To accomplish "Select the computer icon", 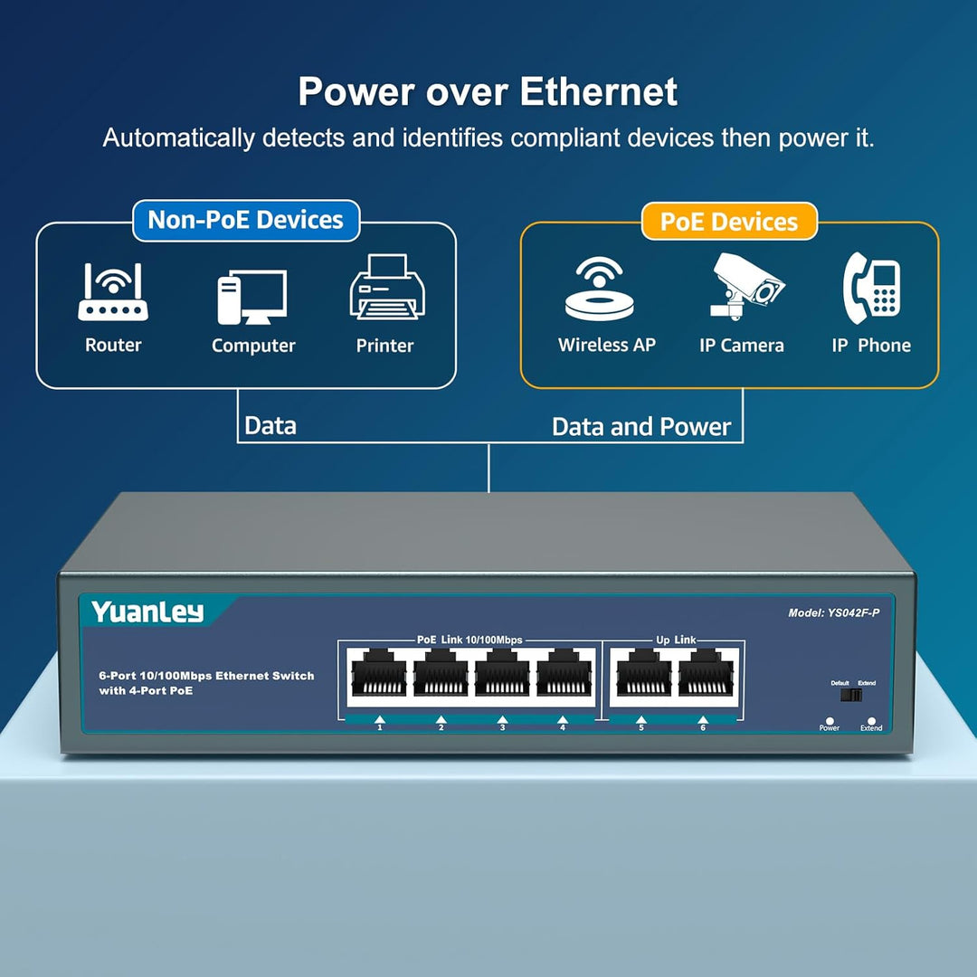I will pyautogui.click(x=251, y=298).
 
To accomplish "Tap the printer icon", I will pyautogui.click(x=386, y=287).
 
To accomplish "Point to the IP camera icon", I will pyautogui.click(x=745, y=285).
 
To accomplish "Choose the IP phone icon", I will pyautogui.click(x=871, y=288).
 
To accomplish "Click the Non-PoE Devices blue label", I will pyautogui.click(x=245, y=221).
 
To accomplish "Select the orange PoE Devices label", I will pyautogui.click(x=728, y=223).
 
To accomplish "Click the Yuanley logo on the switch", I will pyautogui.click(x=147, y=612).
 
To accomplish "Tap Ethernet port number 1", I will pyautogui.click(x=380, y=676).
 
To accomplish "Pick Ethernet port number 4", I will pyautogui.click(x=564, y=676).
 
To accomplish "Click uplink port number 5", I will pyautogui.click(x=642, y=676).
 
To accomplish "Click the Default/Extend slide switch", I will pyautogui.click(x=851, y=696).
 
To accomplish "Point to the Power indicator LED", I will pyautogui.click(x=830, y=720).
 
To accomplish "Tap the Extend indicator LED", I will pyautogui.click(x=871, y=720).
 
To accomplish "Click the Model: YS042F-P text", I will pyautogui.click(x=833, y=612).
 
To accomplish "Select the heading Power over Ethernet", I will pyautogui.click(x=488, y=92).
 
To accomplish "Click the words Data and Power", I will pyautogui.click(x=641, y=427).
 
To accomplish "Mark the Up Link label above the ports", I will pyautogui.click(x=675, y=640).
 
